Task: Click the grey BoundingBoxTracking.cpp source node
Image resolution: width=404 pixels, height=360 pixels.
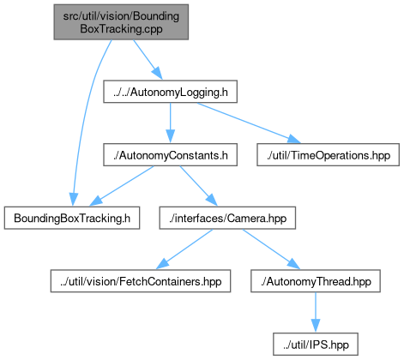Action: point(121,22)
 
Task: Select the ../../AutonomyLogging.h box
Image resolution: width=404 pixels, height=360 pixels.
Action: point(170,92)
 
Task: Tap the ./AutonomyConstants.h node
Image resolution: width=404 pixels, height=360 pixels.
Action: point(170,155)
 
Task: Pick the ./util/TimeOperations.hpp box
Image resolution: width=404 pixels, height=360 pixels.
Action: point(328,155)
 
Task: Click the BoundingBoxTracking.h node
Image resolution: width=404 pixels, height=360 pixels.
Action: point(72,218)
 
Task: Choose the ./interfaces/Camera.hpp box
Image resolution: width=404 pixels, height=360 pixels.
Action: point(227,218)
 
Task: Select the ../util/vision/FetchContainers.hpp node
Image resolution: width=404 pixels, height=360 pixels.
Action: point(141,281)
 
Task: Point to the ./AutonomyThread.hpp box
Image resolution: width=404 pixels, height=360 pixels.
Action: point(316,281)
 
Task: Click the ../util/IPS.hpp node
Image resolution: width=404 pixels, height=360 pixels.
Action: point(316,345)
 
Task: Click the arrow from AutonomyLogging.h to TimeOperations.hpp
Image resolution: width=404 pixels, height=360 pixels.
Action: point(249,123)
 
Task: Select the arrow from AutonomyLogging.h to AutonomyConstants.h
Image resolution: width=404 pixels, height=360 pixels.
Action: point(170,123)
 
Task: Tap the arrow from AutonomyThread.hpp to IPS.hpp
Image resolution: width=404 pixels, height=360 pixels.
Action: point(316,312)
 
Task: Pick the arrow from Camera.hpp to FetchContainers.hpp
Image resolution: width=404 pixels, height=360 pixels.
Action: point(184,249)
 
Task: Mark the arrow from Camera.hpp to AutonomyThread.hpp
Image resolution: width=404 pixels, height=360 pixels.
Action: point(271,249)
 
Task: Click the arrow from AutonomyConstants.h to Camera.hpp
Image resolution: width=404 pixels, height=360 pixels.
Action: point(198,186)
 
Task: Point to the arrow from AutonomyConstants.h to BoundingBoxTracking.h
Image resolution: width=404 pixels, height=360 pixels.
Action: point(122,186)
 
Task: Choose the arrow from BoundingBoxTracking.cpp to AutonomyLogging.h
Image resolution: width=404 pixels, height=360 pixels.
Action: point(148,60)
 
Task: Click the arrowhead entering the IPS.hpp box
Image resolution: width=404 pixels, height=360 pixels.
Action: point(316,326)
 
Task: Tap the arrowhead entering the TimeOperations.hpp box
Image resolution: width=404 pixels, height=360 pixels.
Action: point(294,140)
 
